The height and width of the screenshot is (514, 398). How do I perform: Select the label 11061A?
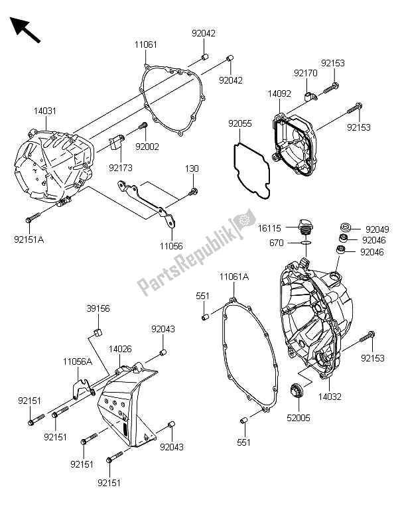pos(235,276)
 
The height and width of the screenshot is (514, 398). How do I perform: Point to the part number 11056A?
pos(77,363)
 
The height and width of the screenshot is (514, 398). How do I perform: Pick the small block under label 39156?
pos(97,331)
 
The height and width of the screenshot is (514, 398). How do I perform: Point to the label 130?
pos(192,169)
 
